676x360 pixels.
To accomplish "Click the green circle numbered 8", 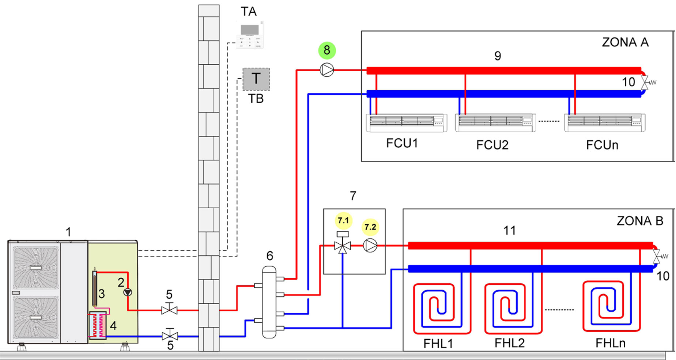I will pyautogui.click(x=327, y=50).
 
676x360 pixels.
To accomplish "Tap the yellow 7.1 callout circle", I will pyautogui.click(x=343, y=220).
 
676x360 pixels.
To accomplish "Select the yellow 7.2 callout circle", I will pyautogui.click(x=370, y=227).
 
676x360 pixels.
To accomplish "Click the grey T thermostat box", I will pyautogui.click(x=256, y=79).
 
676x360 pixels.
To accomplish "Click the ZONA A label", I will pyautogui.click(x=625, y=42).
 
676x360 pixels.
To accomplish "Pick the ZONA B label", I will pyautogui.click(x=639, y=221).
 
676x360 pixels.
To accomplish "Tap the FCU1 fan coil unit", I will pyautogui.click(x=407, y=123).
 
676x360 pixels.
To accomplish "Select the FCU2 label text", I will pyautogui.click(x=492, y=145).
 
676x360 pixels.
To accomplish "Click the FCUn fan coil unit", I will pyautogui.click(x=604, y=123).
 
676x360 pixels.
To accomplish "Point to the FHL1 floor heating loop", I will pyautogui.click(x=442, y=308).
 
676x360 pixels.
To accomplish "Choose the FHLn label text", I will pyautogui.click(x=610, y=343).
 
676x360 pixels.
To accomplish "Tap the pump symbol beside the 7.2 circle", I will pyautogui.click(x=370, y=246).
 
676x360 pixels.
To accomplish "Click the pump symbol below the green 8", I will pyautogui.click(x=327, y=70).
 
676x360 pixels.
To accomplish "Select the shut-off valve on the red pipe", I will pyautogui.click(x=169, y=310).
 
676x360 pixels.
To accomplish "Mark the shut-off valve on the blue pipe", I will pyautogui.click(x=170, y=336).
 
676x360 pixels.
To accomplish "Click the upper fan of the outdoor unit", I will pyautogui.click(x=36, y=268).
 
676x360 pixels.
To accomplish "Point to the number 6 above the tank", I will pyautogui.click(x=270, y=256).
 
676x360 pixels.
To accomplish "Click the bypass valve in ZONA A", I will pyautogui.click(x=645, y=82).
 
